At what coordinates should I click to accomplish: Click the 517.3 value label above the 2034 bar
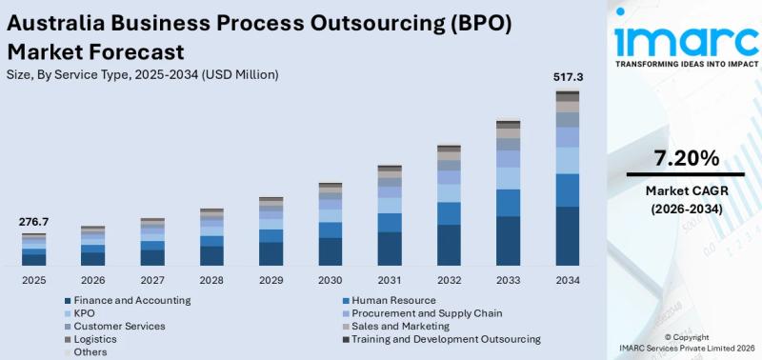(568, 77)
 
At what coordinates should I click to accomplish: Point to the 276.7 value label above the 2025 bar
(33, 222)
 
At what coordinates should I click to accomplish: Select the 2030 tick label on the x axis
(331, 280)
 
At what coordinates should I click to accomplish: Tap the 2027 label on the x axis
(152, 280)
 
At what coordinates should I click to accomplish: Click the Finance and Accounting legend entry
(128, 300)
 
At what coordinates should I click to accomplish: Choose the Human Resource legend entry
(389, 300)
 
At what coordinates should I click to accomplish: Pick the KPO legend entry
(80, 313)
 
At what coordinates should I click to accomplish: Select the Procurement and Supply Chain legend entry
(422, 313)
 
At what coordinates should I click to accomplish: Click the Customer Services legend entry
(115, 326)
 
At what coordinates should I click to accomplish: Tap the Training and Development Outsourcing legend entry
(441, 339)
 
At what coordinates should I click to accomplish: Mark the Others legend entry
(86, 351)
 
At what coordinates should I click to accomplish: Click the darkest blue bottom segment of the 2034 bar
(568, 236)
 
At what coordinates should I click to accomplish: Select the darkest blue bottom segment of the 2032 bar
(449, 245)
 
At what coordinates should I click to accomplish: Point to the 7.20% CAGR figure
(686, 158)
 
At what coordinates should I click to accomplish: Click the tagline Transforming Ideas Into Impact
(687, 64)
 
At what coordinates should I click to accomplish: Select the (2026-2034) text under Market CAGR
(686, 210)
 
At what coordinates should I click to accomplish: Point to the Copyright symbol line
(686, 337)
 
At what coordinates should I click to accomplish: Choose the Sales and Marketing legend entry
(396, 326)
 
